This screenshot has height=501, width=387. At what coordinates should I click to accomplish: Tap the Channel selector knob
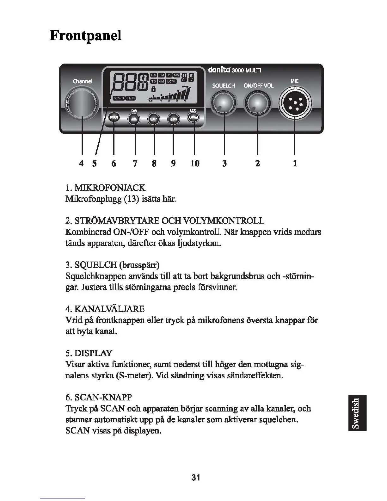click(x=82, y=103)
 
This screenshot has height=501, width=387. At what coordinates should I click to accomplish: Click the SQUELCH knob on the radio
click(x=224, y=103)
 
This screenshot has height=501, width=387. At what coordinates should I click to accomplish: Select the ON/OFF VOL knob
click(x=257, y=103)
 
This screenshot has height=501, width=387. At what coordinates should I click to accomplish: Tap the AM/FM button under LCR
click(x=193, y=118)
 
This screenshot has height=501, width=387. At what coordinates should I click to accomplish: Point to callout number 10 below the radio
click(x=195, y=164)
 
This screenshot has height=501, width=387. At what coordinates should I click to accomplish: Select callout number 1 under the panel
click(x=295, y=164)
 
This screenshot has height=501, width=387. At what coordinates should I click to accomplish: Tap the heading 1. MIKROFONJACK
click(x=105, y=188)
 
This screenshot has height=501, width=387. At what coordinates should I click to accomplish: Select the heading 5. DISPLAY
click(x=89, y=353)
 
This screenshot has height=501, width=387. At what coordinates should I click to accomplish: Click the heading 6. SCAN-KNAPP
click(x=98, y=397)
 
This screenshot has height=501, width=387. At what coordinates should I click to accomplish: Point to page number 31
click(x=196, y=477)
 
